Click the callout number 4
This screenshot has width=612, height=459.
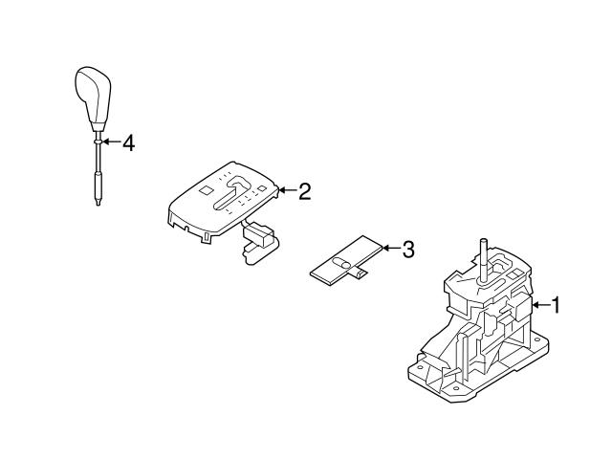128,143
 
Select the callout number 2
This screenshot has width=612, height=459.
305,191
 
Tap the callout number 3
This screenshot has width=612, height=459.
408,250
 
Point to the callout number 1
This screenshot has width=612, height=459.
556,305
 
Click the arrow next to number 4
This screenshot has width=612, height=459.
111,142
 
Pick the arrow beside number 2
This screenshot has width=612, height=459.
287,190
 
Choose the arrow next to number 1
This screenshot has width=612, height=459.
541,304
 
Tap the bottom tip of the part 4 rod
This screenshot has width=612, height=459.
98,205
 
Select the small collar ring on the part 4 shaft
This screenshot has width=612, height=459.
98,142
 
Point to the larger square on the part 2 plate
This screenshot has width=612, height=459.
205,190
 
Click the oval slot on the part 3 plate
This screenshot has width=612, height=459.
340,264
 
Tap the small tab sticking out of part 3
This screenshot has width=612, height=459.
360,273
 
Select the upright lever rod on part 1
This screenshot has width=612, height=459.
484,261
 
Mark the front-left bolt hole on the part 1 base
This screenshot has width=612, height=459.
421,367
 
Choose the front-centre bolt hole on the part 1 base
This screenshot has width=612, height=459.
456,389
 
